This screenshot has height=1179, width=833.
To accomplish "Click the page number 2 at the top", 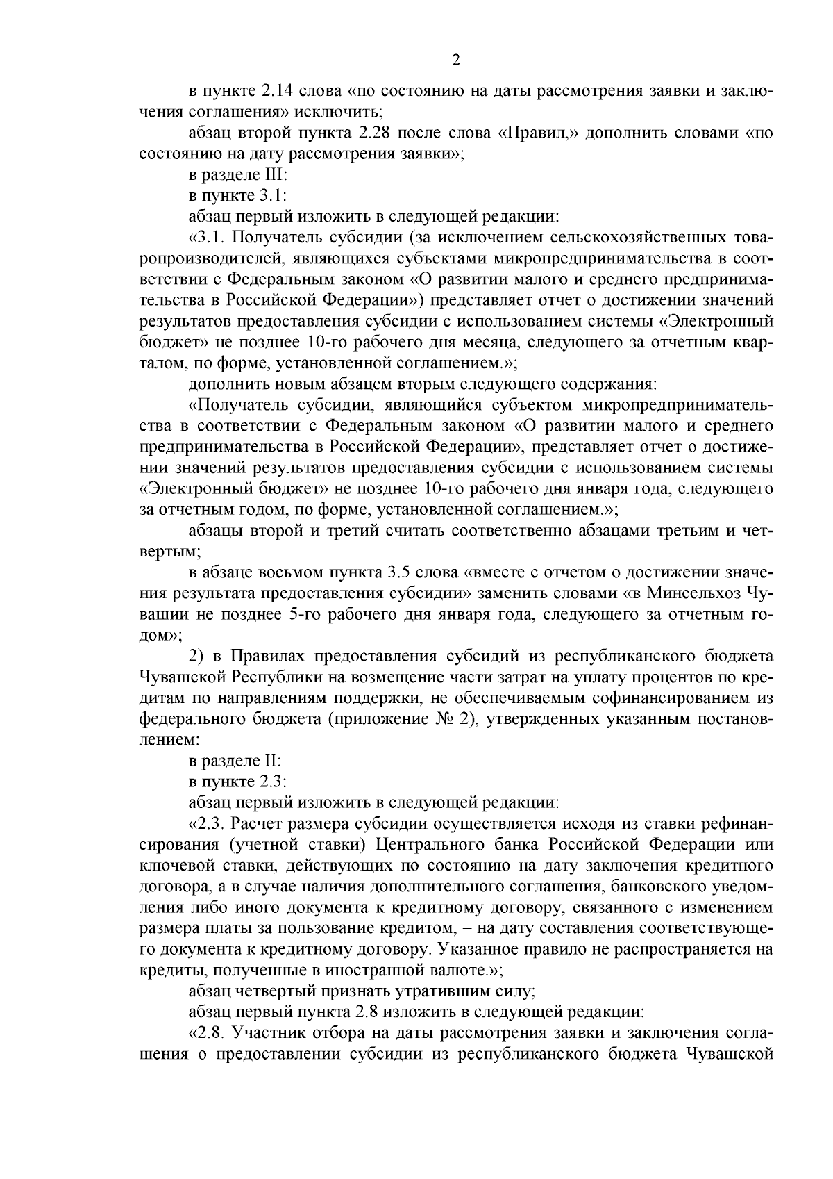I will coord(456,60).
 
